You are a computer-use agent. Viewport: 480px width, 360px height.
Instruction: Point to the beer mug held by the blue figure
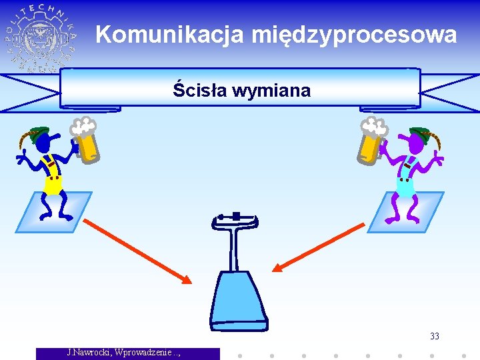tap(87, 141)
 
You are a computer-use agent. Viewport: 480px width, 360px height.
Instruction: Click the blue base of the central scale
tap(238, 299)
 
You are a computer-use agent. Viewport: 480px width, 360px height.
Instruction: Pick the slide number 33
tap(434, 336)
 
